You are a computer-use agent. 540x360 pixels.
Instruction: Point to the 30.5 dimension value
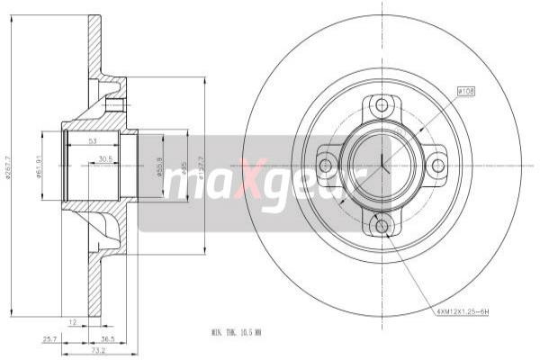pos(106,158)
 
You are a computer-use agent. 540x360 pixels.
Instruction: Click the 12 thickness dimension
pos(71,320)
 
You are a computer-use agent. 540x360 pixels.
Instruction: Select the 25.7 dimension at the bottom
pos(50,339)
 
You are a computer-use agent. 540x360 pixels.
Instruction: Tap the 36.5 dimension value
pos(108,339)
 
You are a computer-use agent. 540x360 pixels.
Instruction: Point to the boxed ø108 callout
pos(467,91)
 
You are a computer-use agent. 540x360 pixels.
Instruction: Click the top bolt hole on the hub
pos(382,105)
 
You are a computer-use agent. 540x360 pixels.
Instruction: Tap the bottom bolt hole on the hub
pos(382,225)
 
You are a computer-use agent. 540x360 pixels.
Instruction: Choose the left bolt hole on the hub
pos(326,165)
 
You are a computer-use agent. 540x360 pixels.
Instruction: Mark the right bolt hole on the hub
pos(437,165)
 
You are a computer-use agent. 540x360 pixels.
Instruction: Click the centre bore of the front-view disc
pos(382,165)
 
